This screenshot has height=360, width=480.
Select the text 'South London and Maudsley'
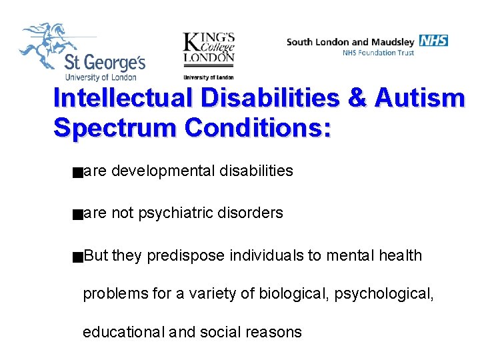(351, 42)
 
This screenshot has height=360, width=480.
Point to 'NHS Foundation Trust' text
(378, 53)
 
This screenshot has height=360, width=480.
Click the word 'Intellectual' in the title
(130, 98)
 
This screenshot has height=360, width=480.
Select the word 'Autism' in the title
(419, 98)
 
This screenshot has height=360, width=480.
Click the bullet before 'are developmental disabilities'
(79, 172)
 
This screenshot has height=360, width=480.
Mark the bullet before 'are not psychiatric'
(79, 214)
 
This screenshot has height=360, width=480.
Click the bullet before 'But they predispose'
(79, 256)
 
